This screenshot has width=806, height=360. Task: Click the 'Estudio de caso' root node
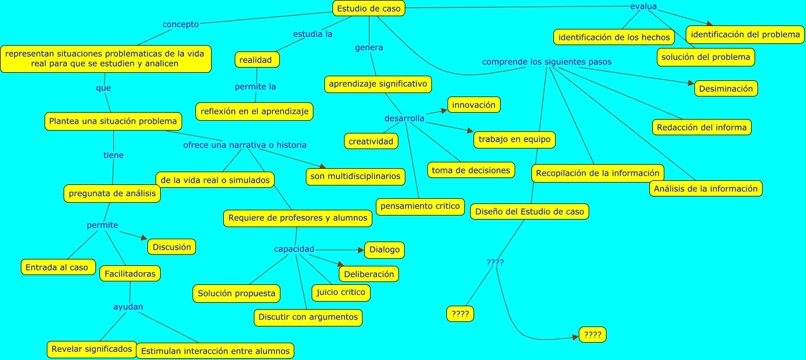click(x=368, y=9)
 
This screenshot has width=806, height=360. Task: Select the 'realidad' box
click(x=257, y=60)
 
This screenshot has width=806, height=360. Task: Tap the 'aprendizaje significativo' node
click(x=378, y=84)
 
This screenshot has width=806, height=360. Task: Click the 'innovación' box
click(x=474, y=105)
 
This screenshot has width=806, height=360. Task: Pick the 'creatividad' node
click(x=371, y=141)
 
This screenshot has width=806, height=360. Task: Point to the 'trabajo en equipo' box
click(x=514, y=140)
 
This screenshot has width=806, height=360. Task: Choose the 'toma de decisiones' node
click(x=471, y=170)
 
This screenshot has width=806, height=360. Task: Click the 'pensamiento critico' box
click(x=419, y=206)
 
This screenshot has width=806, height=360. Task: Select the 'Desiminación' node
click(x=726, y=89)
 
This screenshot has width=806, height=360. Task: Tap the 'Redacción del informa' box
click(x=701, y=127)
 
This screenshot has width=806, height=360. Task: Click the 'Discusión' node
click(x=172, y=247)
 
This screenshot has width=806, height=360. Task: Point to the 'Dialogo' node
click(x=384, y=250)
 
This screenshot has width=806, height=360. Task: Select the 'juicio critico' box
click(x=341, y=292)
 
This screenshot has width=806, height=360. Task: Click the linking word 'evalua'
click(x=643, y=6)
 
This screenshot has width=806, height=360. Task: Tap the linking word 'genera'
click(x=369, y=47)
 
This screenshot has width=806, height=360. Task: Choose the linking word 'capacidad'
click(x=294, y=249)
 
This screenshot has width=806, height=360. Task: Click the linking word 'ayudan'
click(x=128, y=306)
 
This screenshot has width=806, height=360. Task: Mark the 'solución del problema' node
click(x=705, y=57)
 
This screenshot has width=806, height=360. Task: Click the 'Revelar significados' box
click(x=92, y=349)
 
